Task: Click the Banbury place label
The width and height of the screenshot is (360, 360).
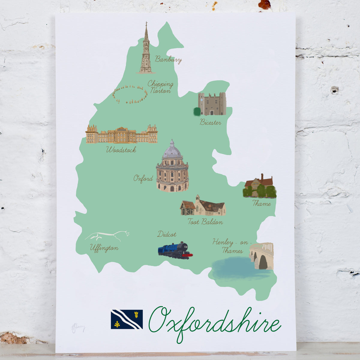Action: tap(168, 59)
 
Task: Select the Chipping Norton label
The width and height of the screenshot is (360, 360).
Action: tap(160, 87)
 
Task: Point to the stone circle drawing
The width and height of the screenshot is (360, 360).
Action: tap(130, 94)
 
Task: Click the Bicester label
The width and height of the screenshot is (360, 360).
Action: tap(210, 122)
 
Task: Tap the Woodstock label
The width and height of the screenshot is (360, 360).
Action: tap(121, 149)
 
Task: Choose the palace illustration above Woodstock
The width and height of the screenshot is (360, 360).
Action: tap(121, 134)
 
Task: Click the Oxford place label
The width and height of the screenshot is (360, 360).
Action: tap(143, 179)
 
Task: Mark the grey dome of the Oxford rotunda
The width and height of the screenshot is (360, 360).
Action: tap(172, 150)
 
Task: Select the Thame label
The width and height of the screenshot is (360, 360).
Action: tap(262, 203)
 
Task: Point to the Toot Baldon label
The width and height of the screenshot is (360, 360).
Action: tap(205, 222)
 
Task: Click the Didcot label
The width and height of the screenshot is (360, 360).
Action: tap(167, 234)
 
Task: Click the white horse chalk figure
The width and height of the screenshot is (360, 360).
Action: tap(107, 236)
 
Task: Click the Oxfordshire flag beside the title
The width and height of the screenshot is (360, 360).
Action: tap(127, 319)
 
